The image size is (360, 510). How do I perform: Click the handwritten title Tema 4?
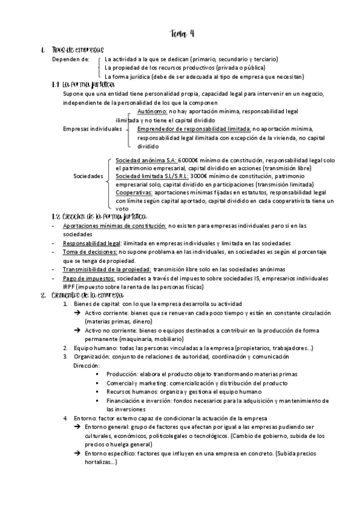(x=182, y=34)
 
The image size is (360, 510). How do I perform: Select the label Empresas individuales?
(x=92, y=129)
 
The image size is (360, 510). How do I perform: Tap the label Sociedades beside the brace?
(x=88, y=176)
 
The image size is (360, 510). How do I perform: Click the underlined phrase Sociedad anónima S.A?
(x=145, y=161)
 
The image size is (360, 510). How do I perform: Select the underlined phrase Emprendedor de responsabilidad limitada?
(x=194, y=129)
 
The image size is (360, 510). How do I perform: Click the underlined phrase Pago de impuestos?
(x=88, y=278)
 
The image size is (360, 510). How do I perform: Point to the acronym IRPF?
(x=71, y=287)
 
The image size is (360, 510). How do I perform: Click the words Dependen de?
(x=70, y=60)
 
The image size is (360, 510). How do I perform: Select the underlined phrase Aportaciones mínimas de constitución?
(x=114, y=226)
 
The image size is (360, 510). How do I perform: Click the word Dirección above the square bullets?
(x=86, y=365)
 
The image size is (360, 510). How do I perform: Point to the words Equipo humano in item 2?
(x=89, y=348)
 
